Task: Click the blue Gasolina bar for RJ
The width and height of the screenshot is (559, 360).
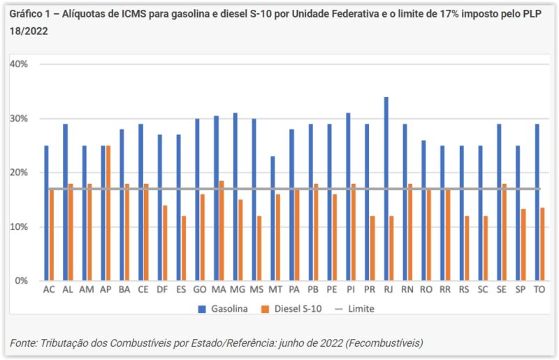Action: [x=386, y=189]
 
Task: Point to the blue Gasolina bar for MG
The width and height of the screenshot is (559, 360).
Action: [x=235, y=196]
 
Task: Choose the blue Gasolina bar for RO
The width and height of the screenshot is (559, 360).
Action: [x=424, y=210]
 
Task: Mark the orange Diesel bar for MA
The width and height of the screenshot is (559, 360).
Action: [x=222, y=231]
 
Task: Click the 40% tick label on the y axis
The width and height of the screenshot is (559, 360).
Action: [x=18, y=64]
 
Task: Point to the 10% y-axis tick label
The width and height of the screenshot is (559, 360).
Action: [x=18, y=226]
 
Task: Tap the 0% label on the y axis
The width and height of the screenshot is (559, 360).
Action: [x=20, y=280]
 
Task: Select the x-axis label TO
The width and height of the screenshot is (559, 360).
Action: [x=539, y=289]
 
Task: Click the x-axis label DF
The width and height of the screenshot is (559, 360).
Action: [x=161, y=289]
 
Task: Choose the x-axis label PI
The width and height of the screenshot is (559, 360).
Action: [x=350, y=289]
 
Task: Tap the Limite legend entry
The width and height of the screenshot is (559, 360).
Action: [x=361, y=308]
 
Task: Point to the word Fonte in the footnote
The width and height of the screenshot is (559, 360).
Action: [x=24, y=343]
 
